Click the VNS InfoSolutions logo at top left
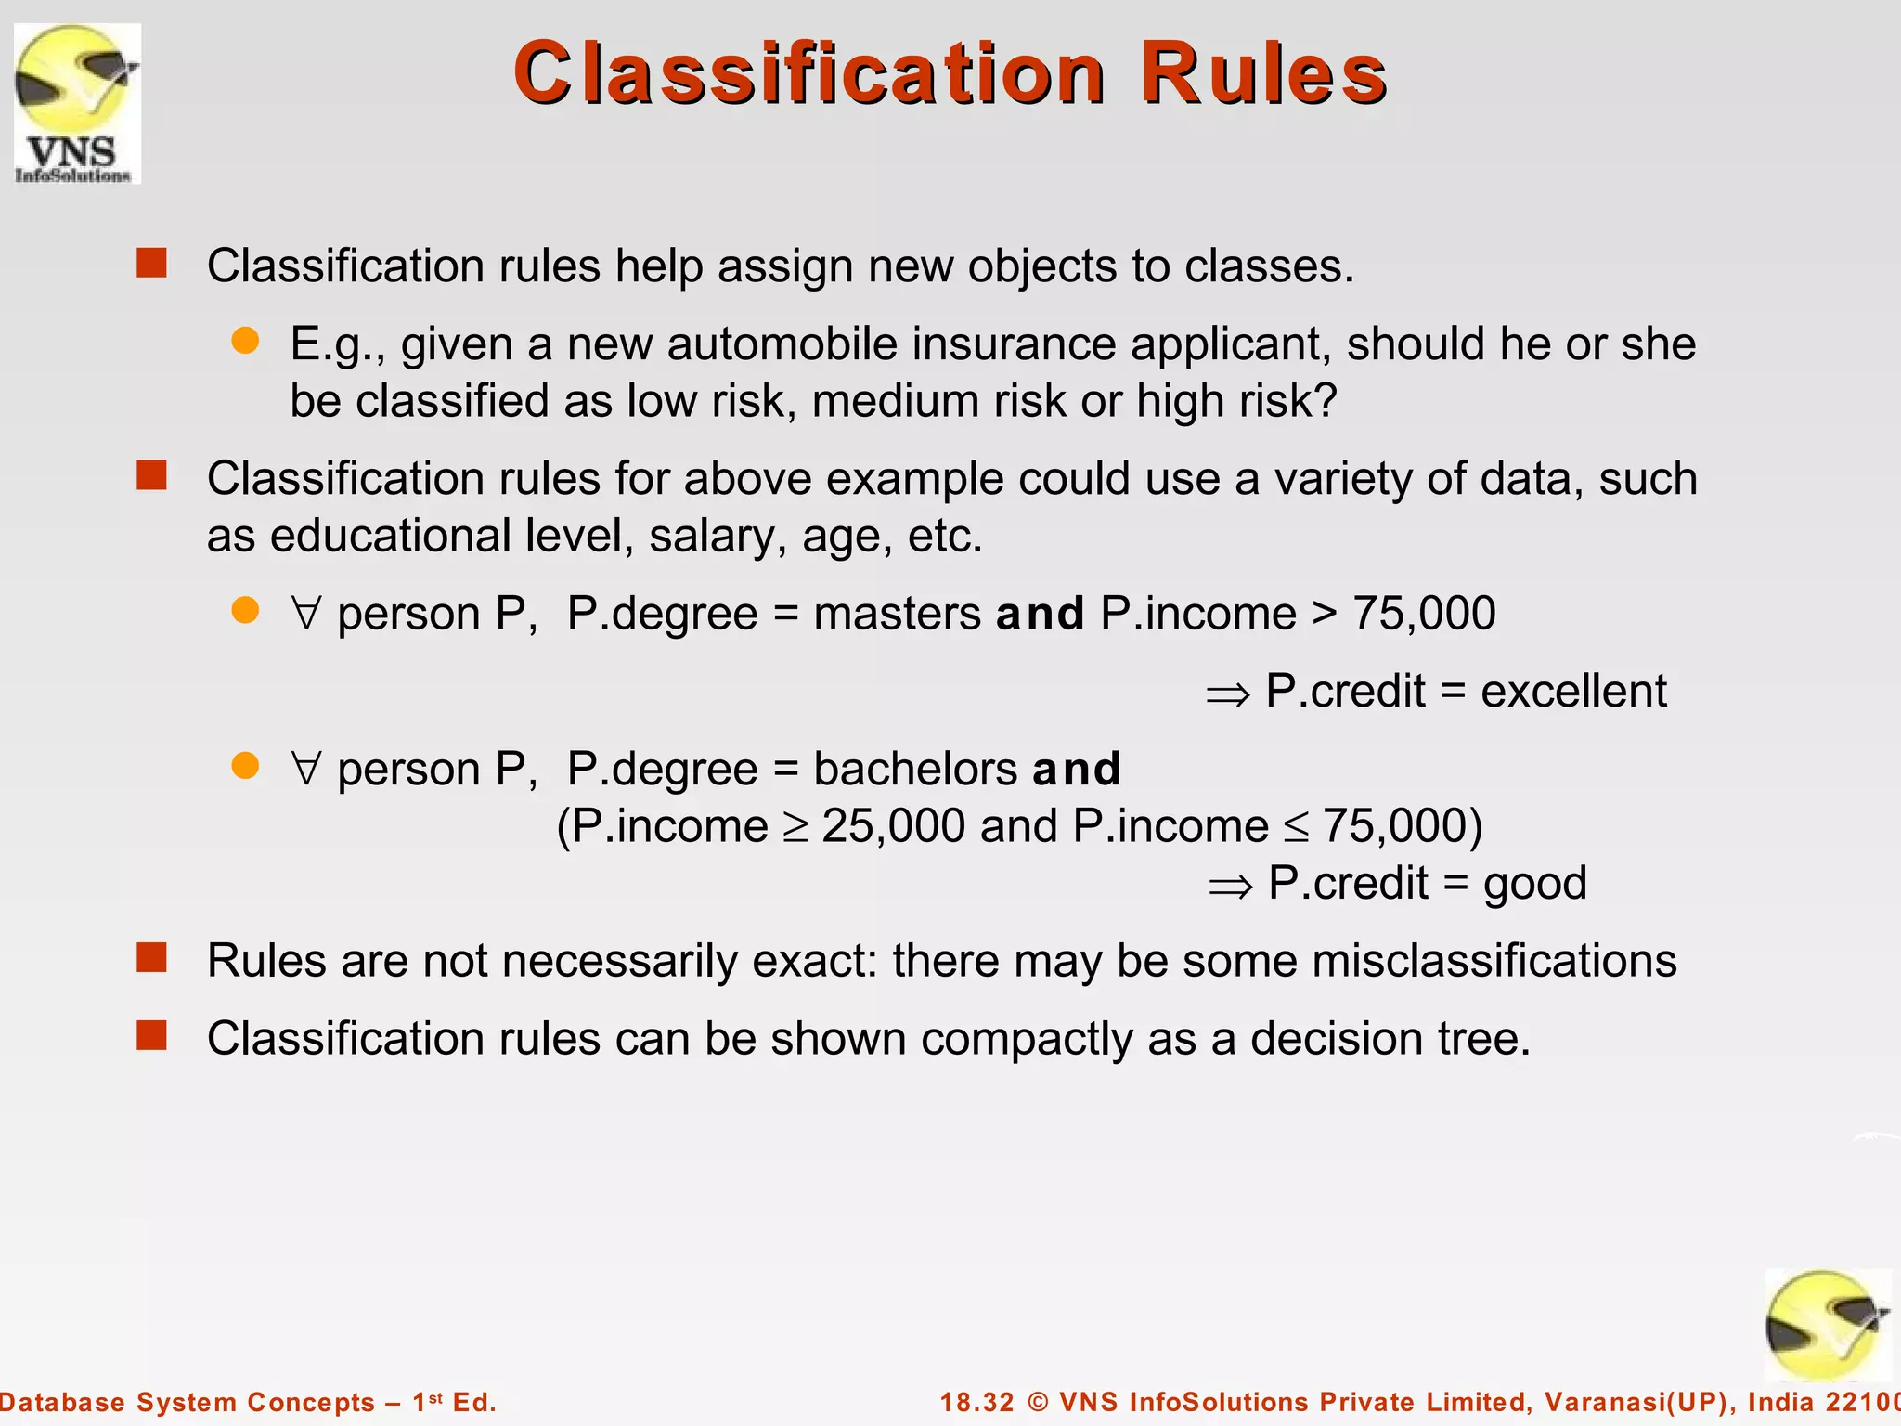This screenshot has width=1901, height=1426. click(77, 104)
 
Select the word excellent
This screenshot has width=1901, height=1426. click(1573, 692)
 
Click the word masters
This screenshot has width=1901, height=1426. click(897, 615)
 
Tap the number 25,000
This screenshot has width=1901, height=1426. click(893, 826)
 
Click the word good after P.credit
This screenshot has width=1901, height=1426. click(1534, 884)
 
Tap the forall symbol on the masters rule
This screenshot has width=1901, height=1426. click(306, 614)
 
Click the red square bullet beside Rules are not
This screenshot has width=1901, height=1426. click(151, 957)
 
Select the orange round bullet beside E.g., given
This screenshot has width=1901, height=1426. click(245, 341)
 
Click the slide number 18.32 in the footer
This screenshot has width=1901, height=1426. click(976, 1402)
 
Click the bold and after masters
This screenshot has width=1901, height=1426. click(1040, 615)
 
